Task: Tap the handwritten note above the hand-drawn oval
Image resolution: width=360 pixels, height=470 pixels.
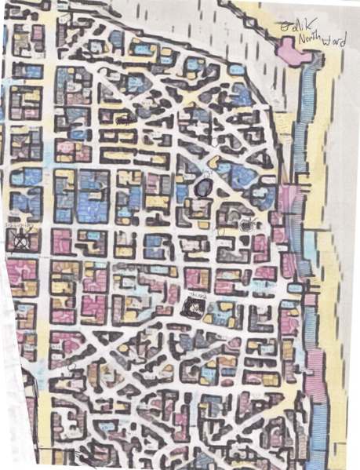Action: point(206,172)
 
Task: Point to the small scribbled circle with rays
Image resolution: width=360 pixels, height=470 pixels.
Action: point(246,224)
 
